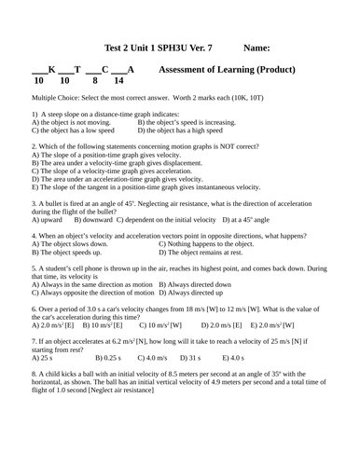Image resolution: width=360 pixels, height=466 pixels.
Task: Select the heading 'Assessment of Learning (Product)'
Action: point(228,69)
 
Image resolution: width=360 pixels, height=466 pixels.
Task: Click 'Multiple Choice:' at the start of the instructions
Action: point(57,97)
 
